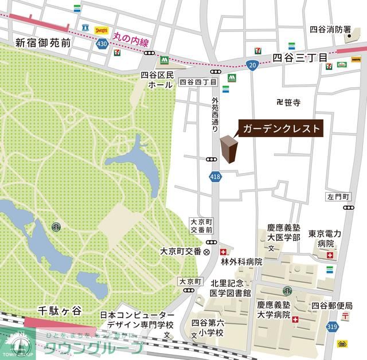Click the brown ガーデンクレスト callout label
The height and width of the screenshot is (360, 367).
[x=280, y=128]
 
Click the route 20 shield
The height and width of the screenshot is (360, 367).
[x=253, y=66]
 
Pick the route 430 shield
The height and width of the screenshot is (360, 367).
[x=102, y=44]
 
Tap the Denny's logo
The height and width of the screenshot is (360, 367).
[x=102, y=29]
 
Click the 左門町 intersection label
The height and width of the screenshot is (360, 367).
[x=338, y=196]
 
